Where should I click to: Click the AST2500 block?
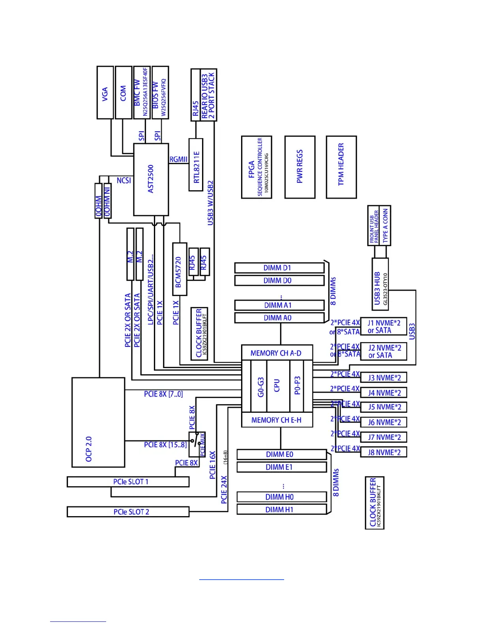(151, 180)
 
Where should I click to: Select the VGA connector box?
(105, 93)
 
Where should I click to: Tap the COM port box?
(123, 93)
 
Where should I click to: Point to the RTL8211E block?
(196, 165)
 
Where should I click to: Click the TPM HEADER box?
(341, 167)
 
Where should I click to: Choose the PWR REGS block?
(300, 167)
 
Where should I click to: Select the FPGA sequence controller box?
(256, 167)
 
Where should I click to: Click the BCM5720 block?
(180, 269)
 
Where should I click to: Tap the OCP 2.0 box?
(98, 422)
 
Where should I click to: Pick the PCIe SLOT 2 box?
(128, 512)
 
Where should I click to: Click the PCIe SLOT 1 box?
(128, 482)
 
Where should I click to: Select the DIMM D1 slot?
(279, 268)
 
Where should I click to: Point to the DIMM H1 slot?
(281, 509)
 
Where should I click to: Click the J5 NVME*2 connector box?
(384, 407)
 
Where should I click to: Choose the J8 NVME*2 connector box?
(384, 452)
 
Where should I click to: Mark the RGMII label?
(178, 159)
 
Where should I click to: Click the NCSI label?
(124, 180)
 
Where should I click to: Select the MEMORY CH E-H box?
(277, 420)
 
